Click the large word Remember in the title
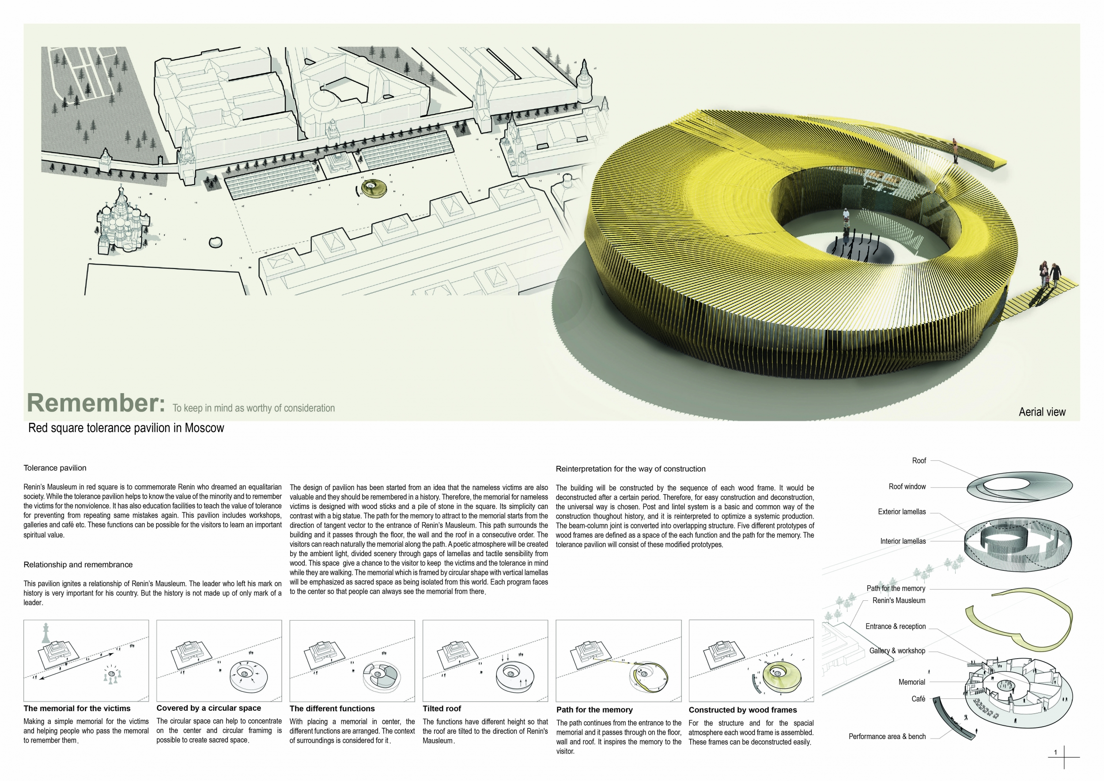[96, 403]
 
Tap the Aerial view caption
[1042, 412]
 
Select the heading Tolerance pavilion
[55, 468]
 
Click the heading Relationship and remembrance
[78, 565]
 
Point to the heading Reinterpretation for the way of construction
[630, 469]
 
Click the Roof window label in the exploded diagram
[907, 487]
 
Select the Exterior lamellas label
[902, 512]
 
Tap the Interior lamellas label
[903, 541]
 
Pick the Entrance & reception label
[895, 626]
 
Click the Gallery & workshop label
[897, 651]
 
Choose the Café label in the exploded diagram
[918, 699]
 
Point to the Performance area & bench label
[887, 736]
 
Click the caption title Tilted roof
[442, 709]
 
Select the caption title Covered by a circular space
[209, 708]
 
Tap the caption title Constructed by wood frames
[742, 710]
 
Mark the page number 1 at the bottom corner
[1055, 752]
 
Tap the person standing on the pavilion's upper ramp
[954, 151]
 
